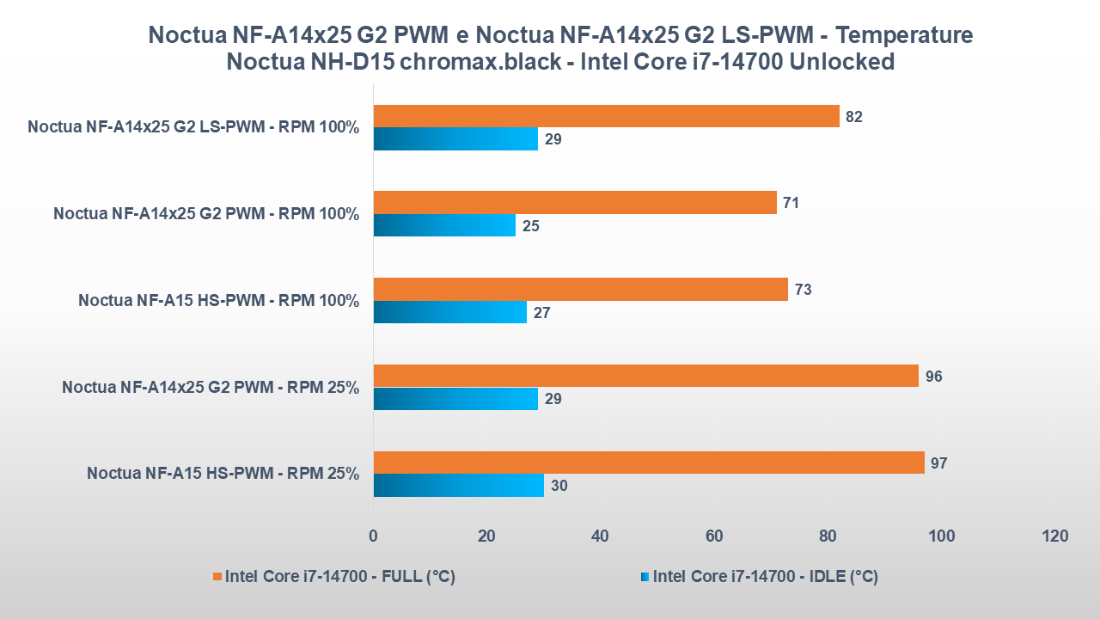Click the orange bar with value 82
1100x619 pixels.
pos(606,116)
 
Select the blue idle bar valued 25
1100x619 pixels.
pos(444,225)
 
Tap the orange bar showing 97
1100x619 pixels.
pos(649,463)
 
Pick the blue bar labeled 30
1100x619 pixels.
pos(458,485)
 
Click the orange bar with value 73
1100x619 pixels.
pos(580,289)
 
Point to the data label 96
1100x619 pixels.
pos(933,377)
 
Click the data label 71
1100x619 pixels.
pos(791,203)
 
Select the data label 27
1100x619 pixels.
pos(541,312)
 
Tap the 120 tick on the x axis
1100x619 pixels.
pos(1054,536)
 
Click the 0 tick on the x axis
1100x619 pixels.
pos(373,536)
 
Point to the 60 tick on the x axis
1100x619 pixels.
pos(713,536)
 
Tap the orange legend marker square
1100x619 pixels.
pos(217,577)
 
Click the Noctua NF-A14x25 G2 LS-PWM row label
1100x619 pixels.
pos(193,127)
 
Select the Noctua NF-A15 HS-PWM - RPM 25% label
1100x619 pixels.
pos(223,474)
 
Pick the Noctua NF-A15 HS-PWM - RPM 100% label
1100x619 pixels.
pos(218,301)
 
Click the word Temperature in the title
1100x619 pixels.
pos(904,35)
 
